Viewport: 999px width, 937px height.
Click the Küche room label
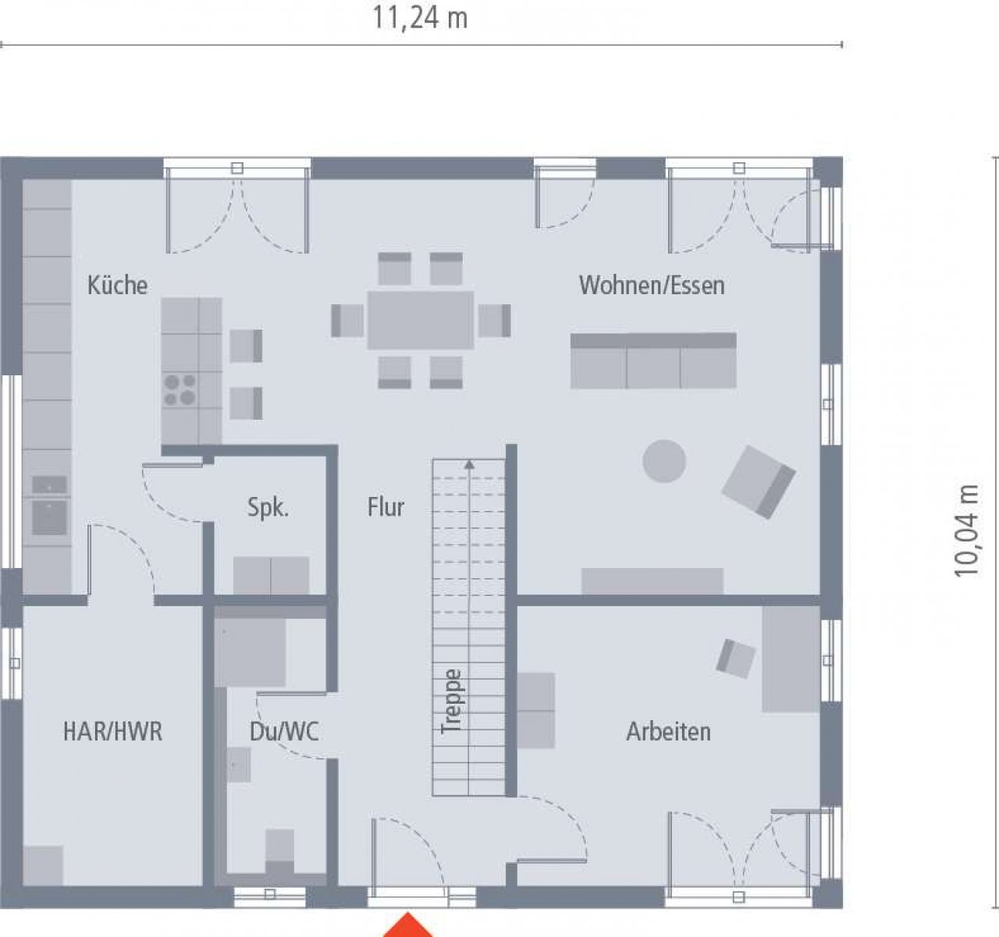click(x=118, y=286)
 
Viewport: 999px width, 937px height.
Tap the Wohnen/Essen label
click(x=652, y=286)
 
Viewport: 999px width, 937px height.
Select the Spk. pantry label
click(x=268, y=508)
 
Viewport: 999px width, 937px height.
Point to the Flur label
click(x=386, y=507)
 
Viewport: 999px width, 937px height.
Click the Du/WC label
click(x=284, y=731)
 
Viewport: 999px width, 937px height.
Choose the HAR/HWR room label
click(x=112, y=731)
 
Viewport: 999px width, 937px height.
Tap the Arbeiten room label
click(x=669, y=731)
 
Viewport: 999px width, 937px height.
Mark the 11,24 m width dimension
click(x=421, y=19)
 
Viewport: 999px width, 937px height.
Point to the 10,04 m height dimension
click(x=966, y=531)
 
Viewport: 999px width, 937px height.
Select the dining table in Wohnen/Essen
click(x=421, y=320)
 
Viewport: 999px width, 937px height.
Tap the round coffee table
click(x=664, y=461)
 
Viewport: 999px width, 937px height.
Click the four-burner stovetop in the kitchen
click(x=180, y=390)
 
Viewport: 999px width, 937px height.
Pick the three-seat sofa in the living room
click(x=653, y=360)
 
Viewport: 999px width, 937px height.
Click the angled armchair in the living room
click(x=759, y=481)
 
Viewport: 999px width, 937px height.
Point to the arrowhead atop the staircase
click(x=469, y=464)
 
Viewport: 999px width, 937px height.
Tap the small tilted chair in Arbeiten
click(x=735, y=659)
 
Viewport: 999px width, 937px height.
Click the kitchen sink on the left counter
click(x=49, y=517)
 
